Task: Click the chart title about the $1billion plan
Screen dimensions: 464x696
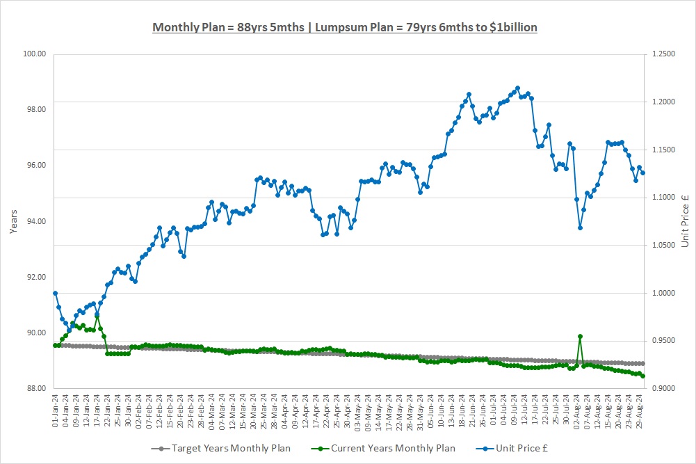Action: tap(345, 27)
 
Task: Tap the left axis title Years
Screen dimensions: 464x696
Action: tap(14, 221)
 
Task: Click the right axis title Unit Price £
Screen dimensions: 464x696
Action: tap(685, 221)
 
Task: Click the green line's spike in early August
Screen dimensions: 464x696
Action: tap(580, 336)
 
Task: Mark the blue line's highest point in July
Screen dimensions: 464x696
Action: tap(517, 88)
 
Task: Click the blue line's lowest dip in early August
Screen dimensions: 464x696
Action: tap(580, 227)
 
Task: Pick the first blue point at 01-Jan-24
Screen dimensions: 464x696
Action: tap(55, 293)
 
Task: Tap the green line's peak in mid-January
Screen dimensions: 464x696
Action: tap(97, 315)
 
